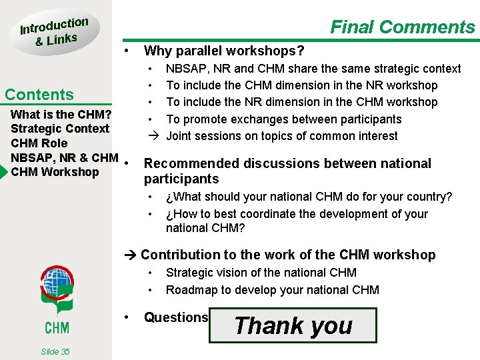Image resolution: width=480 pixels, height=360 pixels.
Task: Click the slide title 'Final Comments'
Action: (403, 27)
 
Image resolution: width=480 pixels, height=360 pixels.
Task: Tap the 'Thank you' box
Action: (293, 325)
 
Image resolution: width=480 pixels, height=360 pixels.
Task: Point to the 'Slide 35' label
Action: (55, 351)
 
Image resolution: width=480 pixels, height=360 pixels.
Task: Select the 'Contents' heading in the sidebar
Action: (39, 95)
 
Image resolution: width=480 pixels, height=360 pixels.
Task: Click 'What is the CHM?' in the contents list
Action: (61, 114)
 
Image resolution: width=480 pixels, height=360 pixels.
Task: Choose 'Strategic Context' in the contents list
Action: (60, 129)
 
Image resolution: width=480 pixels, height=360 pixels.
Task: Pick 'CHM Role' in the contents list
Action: (39, 143)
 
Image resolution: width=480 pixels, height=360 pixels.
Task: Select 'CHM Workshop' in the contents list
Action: (55, 172)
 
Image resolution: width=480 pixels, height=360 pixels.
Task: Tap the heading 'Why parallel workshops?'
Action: (224, 51)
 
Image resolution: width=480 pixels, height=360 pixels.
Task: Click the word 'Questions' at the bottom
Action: (176, 318)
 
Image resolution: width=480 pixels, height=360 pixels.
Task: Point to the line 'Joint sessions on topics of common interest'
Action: (281, 136)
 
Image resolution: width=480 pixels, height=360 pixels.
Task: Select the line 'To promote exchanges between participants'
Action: (283, 119)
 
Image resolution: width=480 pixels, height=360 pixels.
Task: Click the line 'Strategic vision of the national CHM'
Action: (261, 273)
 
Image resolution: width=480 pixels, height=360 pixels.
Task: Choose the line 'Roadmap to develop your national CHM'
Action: (272, 290)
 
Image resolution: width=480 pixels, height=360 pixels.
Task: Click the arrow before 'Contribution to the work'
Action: (131, 255)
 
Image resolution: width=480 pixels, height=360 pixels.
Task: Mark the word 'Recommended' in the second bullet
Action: (193, 163)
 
